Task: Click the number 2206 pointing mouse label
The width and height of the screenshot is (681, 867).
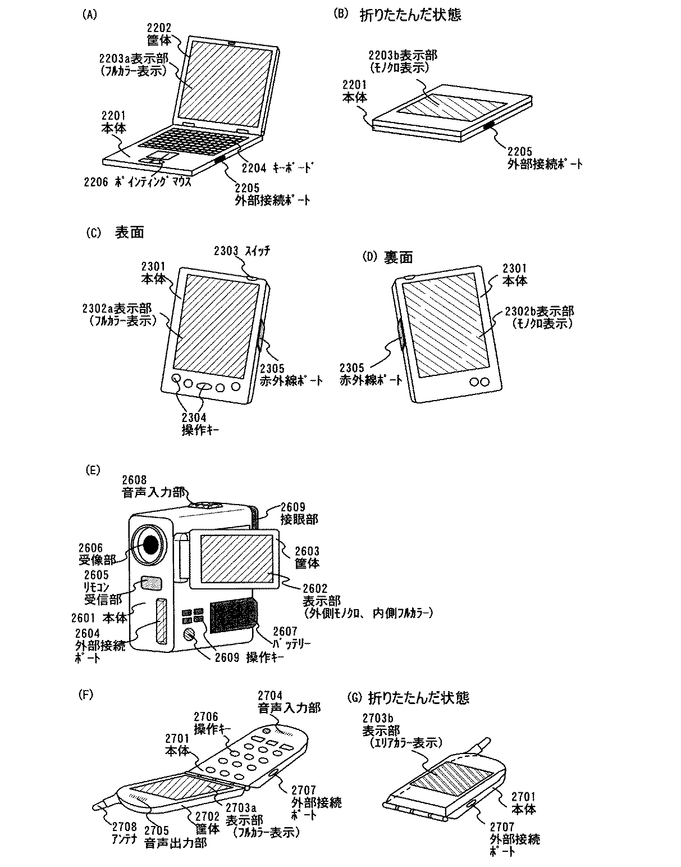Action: click(95, 181)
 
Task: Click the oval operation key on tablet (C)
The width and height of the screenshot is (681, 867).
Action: click(204, 386)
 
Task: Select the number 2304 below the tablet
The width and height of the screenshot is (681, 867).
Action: click(194, 417)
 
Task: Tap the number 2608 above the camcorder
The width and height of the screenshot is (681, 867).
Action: click(134, 480)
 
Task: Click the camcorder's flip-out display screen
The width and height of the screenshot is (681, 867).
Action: click(236, 559)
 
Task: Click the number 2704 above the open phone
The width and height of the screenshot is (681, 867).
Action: click(270, 695)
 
